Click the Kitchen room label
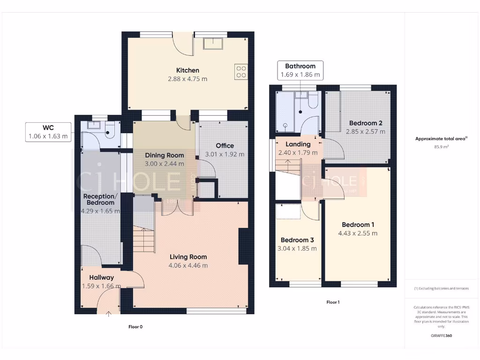point(187,70)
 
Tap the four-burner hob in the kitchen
point(241,71)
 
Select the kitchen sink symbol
point(214,44)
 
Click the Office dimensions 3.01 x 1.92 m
point(225,154)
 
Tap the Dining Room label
point(164,155)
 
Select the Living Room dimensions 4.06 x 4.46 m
point(188,265)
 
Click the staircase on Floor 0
point(144,239)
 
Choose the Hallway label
point(101,277)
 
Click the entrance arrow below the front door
point(109,314)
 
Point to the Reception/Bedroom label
point(98,199)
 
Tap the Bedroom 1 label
point(358,224)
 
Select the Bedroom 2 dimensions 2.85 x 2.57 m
point(366,132)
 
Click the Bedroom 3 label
point(298,240)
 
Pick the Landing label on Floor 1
point(298,144)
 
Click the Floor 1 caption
point(333,302)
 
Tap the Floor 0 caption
point(135,327)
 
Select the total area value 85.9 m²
point(442,147)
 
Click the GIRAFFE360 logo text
point(442,336)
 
